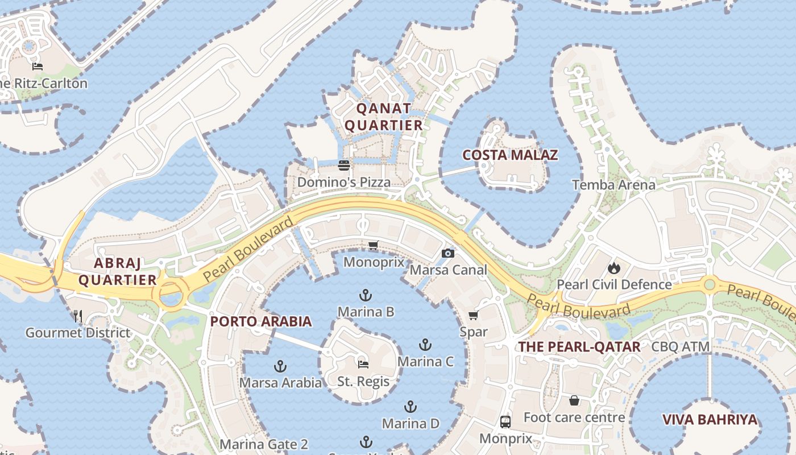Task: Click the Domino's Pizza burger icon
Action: click(x=344, y=166)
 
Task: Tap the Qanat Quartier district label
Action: click(x=384, y=117)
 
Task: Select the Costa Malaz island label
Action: click(x=510, y=155)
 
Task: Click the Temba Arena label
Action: click(x=613, y=185)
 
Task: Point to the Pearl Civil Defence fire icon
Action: click(x=613, y=267)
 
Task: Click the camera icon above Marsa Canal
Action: click(x=448, y=253)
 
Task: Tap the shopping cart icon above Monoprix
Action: click(x=373, y=246)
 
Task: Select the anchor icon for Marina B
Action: click(x=366, y=295)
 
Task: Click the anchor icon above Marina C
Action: click(x=425, y=345)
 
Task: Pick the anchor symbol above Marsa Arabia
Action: click(x=280, y=366)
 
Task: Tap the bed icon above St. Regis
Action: click(x=363, y=364)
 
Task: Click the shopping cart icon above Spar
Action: click(x=473, y=315)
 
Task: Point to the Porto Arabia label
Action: click(x=261, y=321)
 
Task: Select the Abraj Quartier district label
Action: click(x=117, y=271)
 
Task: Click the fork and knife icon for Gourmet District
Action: click(x=78, y=316)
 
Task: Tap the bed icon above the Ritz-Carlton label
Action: click(x=38, y=67)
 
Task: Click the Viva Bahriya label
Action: click(x=710, y=420)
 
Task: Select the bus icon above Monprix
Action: click(x=505, y=421)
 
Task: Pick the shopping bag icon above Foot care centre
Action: click(x=574, y=400)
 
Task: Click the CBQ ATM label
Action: click(x=681, y=346)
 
